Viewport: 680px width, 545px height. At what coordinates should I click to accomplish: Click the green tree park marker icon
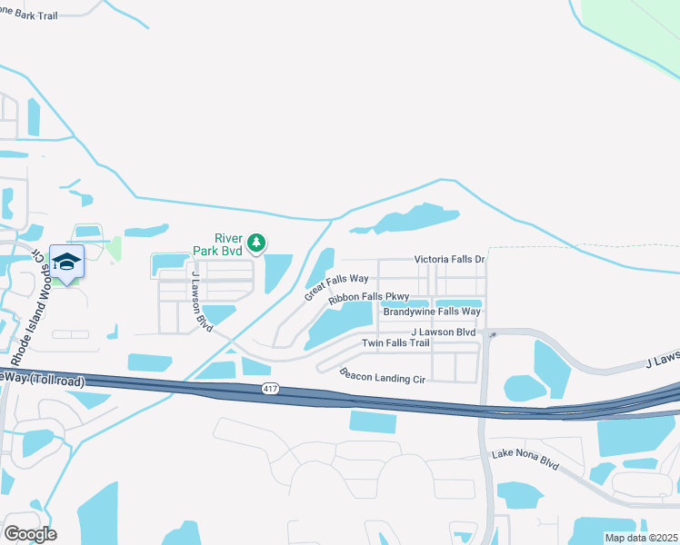257,242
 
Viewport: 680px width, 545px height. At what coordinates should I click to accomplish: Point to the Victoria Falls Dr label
450,259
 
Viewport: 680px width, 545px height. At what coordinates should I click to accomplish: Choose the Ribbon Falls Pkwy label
369,297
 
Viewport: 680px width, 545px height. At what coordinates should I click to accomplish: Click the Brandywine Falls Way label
431,312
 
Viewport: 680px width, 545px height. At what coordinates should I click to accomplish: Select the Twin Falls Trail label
395,342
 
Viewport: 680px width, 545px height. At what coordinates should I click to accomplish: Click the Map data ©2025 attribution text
641,538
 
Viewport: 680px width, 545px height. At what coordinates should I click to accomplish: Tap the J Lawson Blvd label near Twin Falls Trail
444,332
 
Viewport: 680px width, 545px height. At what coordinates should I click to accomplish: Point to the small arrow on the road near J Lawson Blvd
492,336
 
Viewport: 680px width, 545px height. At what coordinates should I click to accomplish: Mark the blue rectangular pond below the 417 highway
373,421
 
